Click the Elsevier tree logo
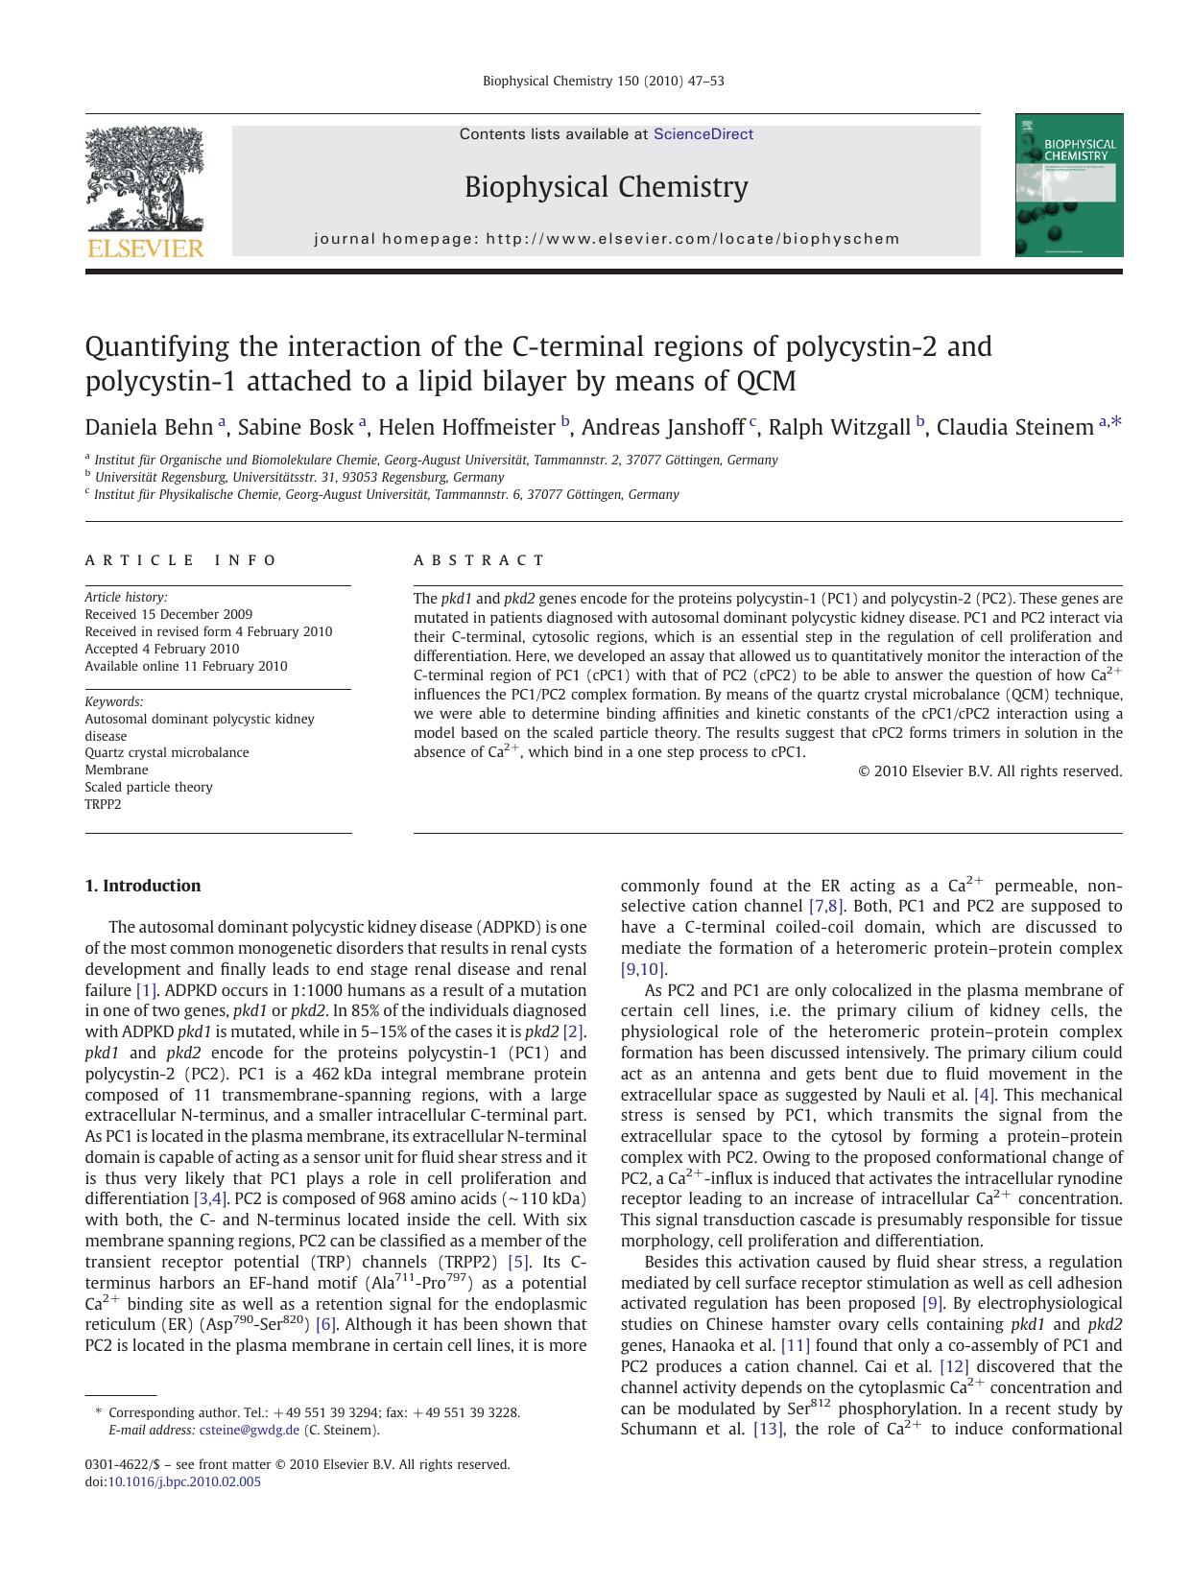pyautogui.click(x=144, y=182)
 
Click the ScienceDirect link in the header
pyautogui.click(x=703, y=134)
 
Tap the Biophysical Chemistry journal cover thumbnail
pyautogui.click(x=1068, y=185)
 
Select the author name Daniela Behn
pyautogui.click(x=149, y=428)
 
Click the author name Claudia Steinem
pyautogui.click(x=1013, y=428)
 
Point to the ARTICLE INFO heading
pyautogui.click(x=180, y=560)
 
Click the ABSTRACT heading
pyautogui.click(x=479, y=560)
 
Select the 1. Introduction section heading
pyautogui.click(x=143, y=886)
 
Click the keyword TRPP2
pyautogui.click(x=104, y=804)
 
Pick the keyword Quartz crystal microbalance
pyautogui.click(x=167, y=752)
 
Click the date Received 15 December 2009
pyautogui.click(x=169, y=614)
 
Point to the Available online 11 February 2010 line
pyautogui.click(x=186, y=666)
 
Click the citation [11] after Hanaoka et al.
pyautogui.click(x=796, y=1346)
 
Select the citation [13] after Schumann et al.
pyautogui.click(x=768, y=1430)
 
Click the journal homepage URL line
pyautogui.click(x=607, y=239)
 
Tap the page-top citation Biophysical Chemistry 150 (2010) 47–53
pyautogui.click(x=603, y=81)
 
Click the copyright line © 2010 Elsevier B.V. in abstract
pyautogui.click(x=989, y=770)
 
